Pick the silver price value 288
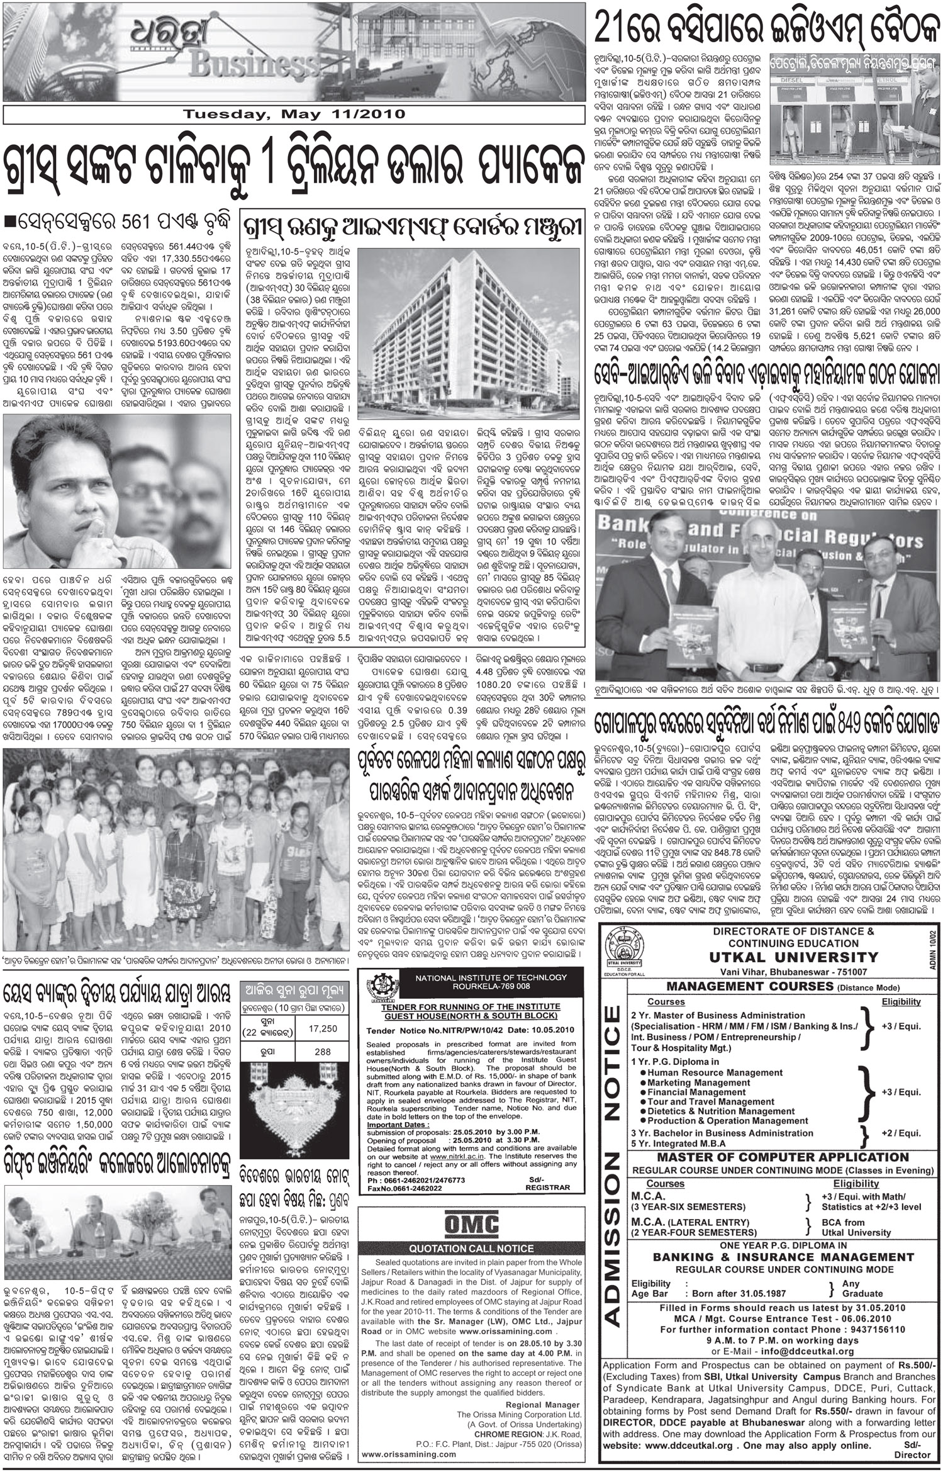[323, 1051]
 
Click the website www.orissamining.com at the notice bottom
[409, 1454]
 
